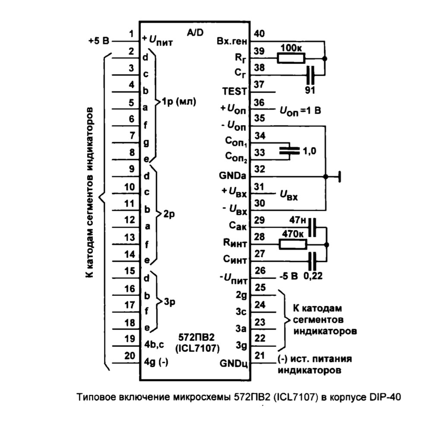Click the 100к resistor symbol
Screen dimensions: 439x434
point(291,59)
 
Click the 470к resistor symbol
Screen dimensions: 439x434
point(293,244)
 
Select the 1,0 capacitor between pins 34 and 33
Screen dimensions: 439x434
point(290,151)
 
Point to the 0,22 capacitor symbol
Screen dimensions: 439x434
point(312,261)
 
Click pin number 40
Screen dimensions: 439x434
point(259,34)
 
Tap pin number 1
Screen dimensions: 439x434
point(131,34)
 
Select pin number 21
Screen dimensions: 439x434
point(259,355)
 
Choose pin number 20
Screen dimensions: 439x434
point(129,355)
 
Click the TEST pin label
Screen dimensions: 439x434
point(235,92)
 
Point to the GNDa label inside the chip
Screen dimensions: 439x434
point(233,176)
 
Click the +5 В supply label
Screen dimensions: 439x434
point(99,41)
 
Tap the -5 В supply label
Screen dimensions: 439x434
point(289,276)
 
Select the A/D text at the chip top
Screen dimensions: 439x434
point(195,33)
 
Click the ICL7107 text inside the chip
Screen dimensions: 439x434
point(197,348)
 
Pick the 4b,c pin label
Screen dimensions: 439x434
point(154,345)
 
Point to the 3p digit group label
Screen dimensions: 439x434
point(169,302)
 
